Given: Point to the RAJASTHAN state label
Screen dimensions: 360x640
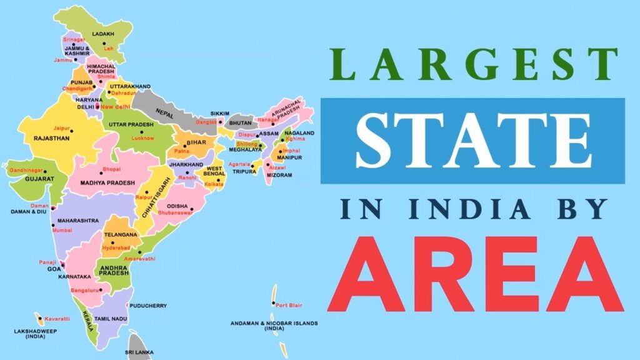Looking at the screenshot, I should coord(51,138).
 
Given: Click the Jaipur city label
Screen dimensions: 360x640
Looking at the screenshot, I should coord(61,128).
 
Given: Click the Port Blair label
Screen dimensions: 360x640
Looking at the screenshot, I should coord(289,306).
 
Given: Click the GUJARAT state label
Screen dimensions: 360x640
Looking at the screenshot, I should coord(39,179).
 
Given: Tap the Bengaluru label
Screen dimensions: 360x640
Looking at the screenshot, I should coord(85,290).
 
